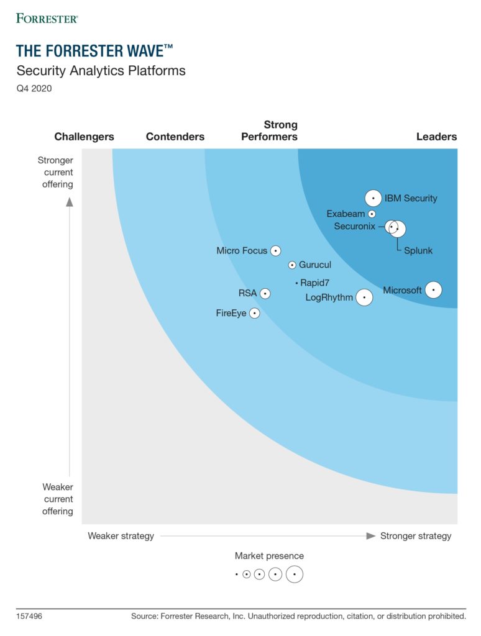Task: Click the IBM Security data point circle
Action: tap(373, 198)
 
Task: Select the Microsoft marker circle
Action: tap(433, 289)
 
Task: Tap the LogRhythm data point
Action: tap(364, 298)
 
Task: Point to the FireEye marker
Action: tap(254, 313)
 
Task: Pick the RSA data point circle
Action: tap(265, 293)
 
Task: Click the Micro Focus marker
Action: tap(275, 251)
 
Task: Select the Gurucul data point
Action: tap(292, 265)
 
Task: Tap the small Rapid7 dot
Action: tap(297, 283)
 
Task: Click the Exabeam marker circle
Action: tap(372, 214)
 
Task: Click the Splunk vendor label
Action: tap(418, 251)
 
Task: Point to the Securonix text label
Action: tap(354, 226)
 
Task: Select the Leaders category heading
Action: tap(436, 137)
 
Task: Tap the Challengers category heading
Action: tap(84, 137)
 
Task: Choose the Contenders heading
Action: tap(175, 137)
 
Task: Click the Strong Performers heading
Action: tap(269, 131)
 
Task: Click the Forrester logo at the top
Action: tap(47, 18)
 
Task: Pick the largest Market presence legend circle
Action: tap(295, 575)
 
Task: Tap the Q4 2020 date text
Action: tap(34, 88)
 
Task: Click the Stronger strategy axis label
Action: tap(416, 536)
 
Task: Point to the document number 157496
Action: tap(29, 616)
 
